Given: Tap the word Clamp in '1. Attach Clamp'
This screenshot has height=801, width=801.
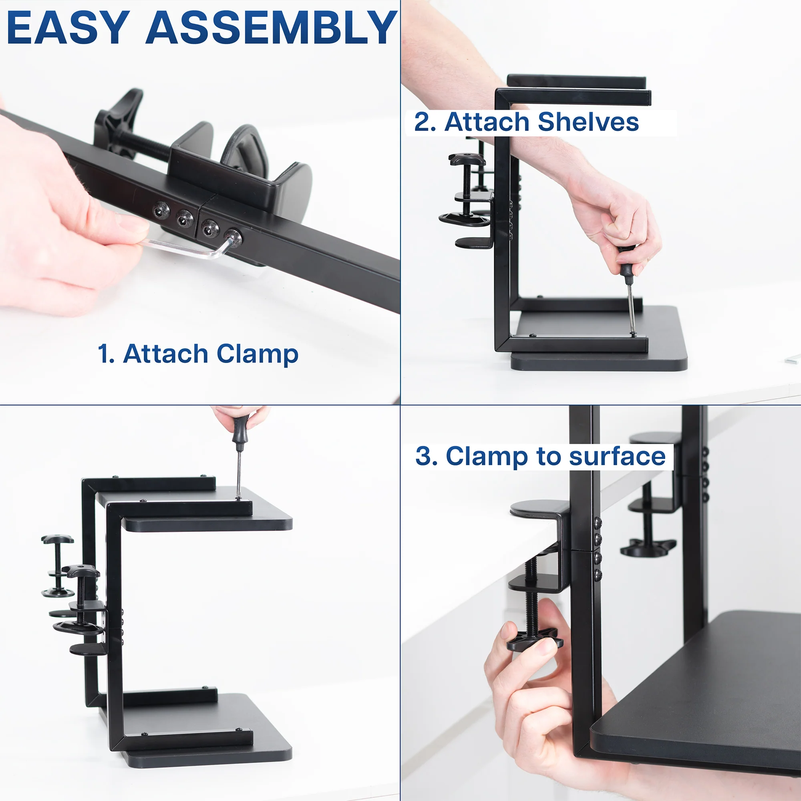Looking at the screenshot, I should click(257, 354).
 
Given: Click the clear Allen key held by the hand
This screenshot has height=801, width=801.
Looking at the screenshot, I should click(182, 249).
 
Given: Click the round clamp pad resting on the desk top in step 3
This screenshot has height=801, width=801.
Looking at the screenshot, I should click(539, 507).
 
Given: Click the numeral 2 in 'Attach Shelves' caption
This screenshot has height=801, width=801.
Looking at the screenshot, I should click(423, 123).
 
